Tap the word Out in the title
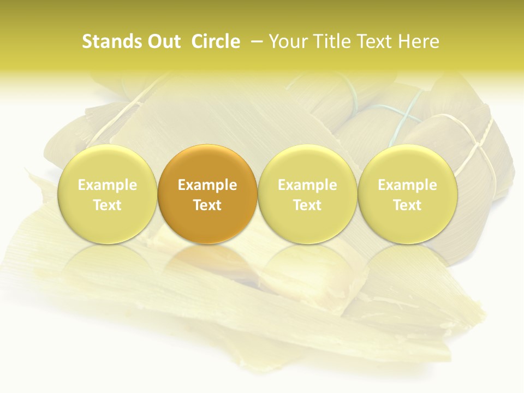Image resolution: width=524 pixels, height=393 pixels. (163, 41)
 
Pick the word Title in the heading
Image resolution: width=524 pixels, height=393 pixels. (332, 41)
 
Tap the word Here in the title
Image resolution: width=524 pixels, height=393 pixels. (420, 41)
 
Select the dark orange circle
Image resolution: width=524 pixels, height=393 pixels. (207, 194)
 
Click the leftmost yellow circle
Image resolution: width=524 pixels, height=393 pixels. (108, 194)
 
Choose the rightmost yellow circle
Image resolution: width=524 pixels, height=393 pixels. (407, 194)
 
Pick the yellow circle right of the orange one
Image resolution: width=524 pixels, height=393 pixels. (307, 194)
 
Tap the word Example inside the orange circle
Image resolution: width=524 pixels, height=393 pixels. (207, 185)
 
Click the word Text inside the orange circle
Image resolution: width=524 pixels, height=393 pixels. (207, 205)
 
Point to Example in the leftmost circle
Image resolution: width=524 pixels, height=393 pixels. (108, 185)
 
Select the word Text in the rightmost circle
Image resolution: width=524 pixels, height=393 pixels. (407, 205)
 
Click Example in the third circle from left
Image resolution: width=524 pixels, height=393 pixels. (307, 185)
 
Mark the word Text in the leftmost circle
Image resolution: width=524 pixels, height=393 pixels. (108, 205)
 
